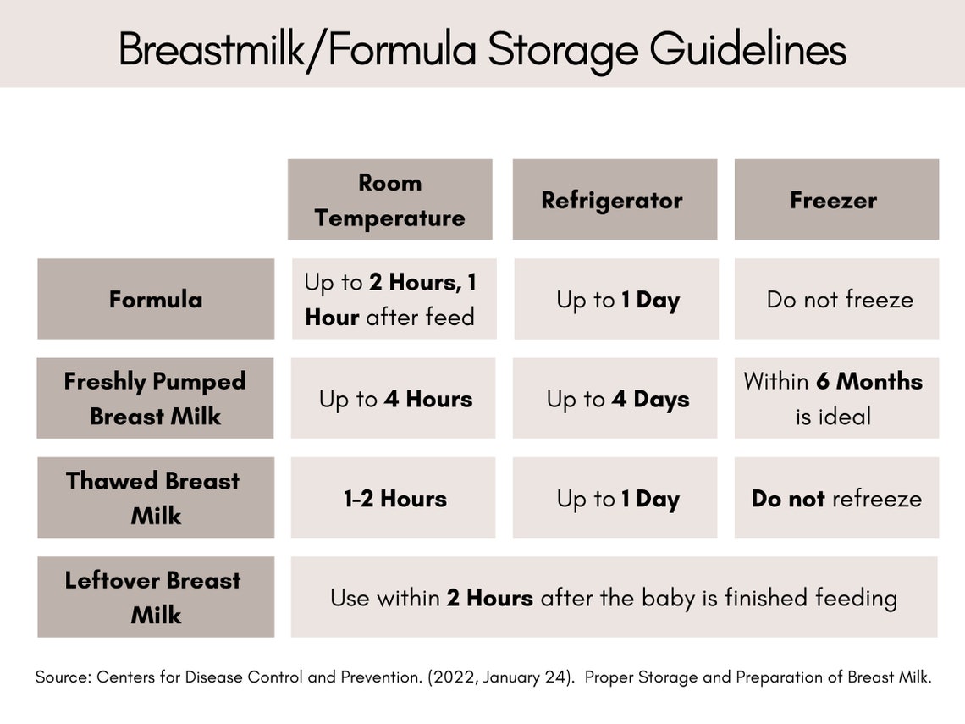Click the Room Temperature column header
389,200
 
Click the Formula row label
156,299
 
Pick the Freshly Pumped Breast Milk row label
155,398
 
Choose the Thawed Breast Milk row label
156,498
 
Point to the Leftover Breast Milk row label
156,597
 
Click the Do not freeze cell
836,299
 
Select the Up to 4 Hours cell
394,399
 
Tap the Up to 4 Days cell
615,399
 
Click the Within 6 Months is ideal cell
835,398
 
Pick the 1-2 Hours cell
394,498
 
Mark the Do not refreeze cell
836,498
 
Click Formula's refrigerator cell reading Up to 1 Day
616,299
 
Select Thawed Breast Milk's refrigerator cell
615,498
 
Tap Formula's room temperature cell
394,299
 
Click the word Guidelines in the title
747,50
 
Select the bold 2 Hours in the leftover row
489,598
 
